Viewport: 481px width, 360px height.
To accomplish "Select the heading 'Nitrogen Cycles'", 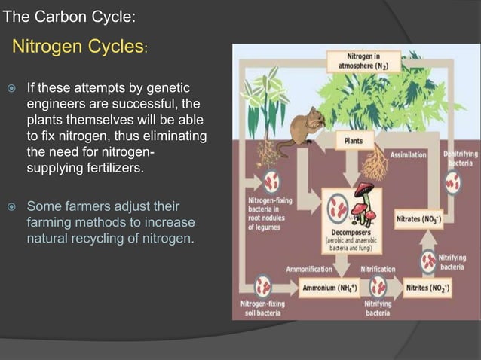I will click(x=75, y=47).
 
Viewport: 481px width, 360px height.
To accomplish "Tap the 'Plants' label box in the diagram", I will click(x=354, y=141).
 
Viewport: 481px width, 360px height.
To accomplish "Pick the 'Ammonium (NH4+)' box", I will click(x=329, y=288).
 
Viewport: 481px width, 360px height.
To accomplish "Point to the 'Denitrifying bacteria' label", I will click(x=457, y=157).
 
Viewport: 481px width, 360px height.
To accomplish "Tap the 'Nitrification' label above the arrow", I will click(x=377, y=269).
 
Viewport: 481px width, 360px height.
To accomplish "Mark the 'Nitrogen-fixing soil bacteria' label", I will click(x=262, y=309).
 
